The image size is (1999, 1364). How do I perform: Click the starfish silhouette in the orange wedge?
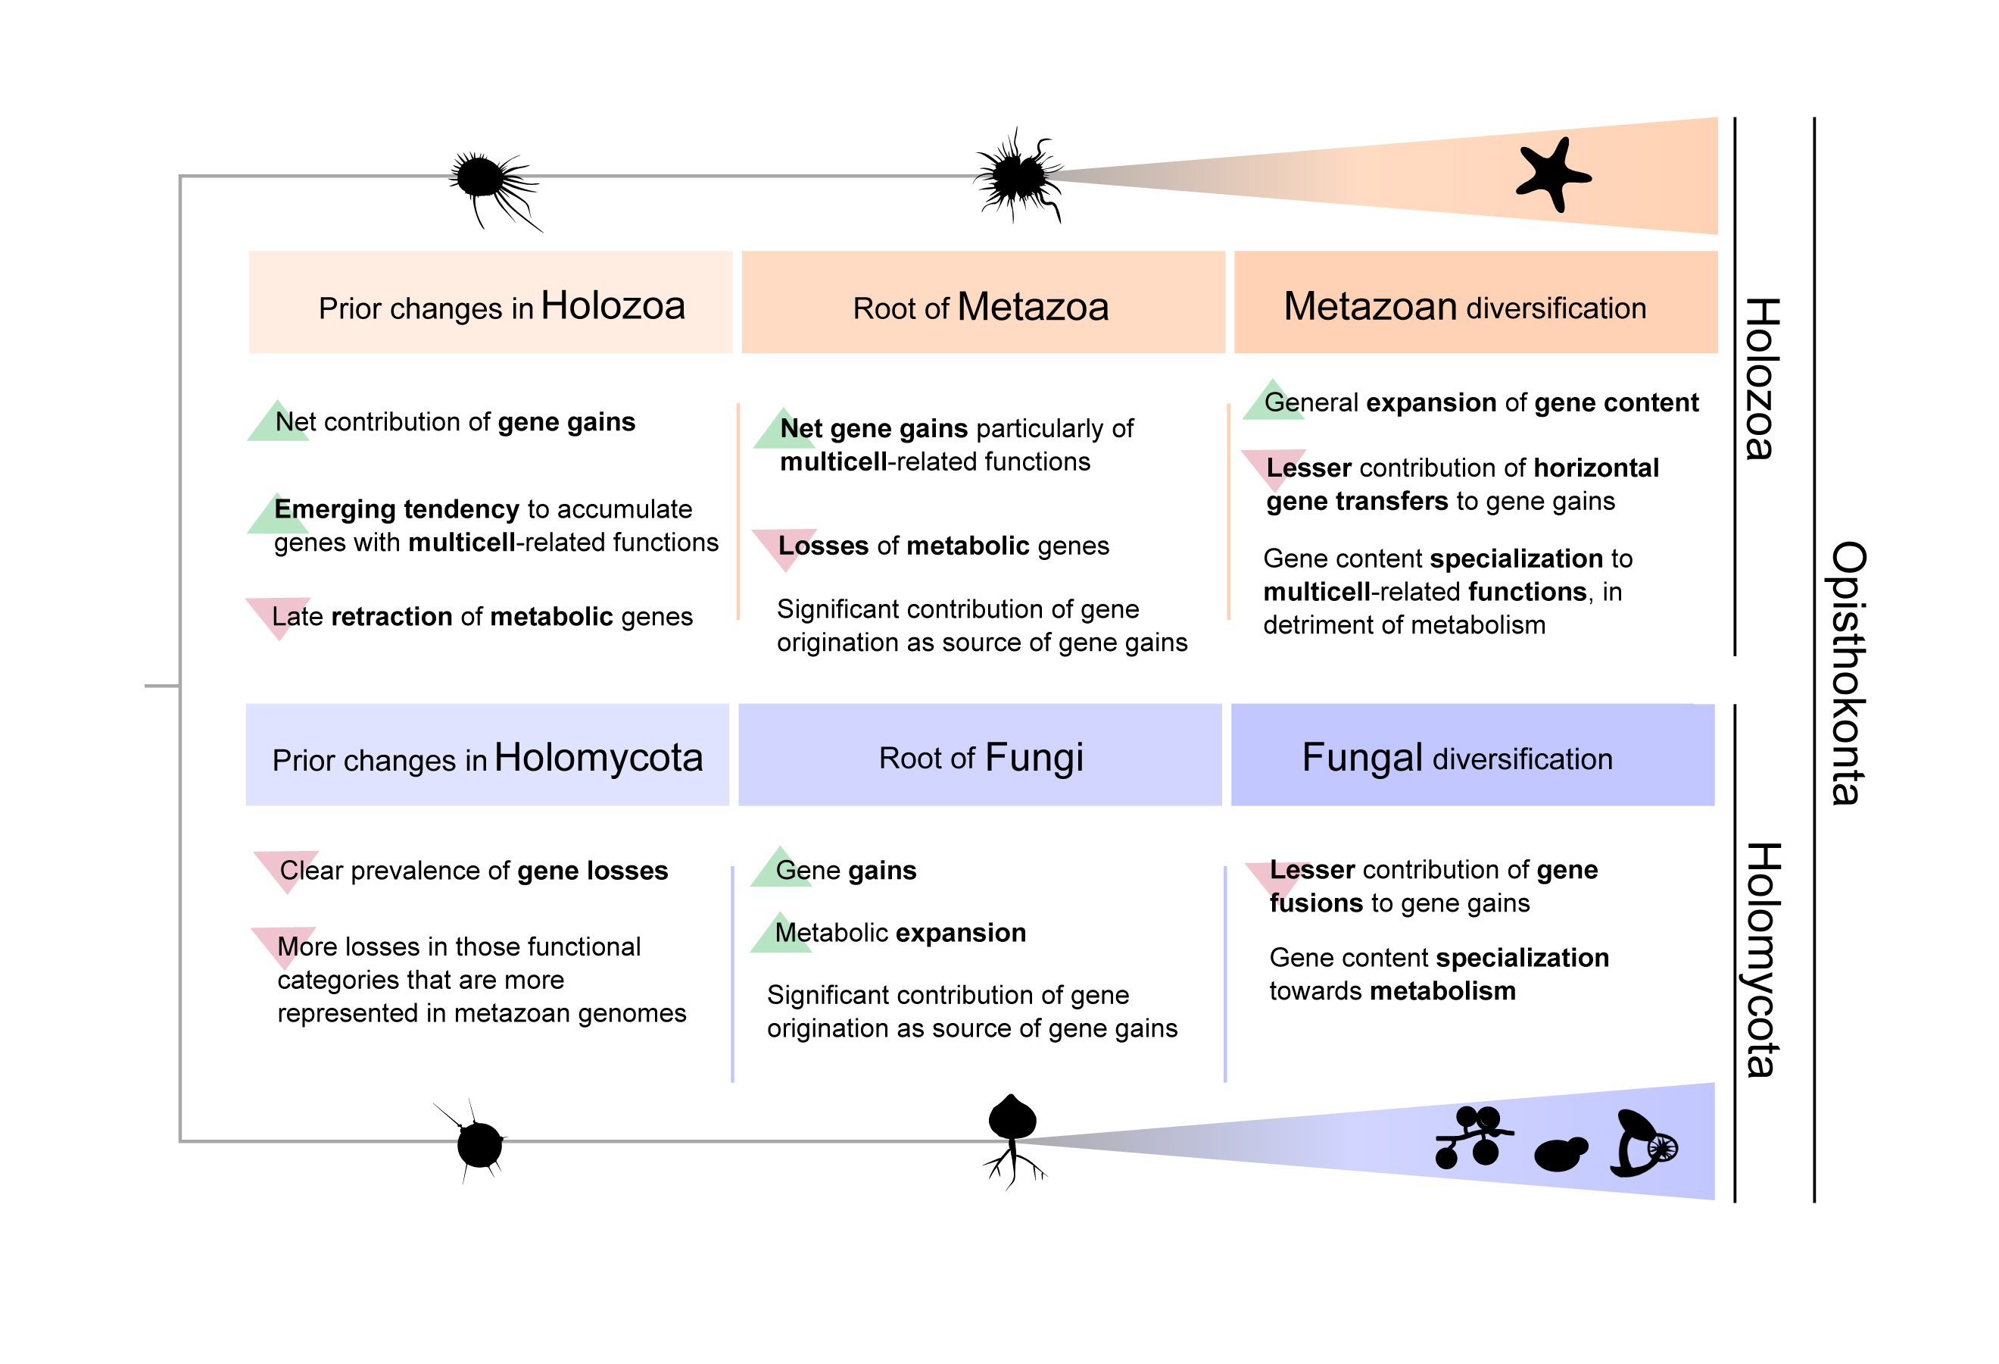(x=1550, y=175)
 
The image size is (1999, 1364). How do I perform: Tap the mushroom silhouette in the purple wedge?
(x=1641, y=1143)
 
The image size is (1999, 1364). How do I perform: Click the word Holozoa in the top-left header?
(x=613, y=306)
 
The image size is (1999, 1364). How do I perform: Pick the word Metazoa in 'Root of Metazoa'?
(x=1032, y=307)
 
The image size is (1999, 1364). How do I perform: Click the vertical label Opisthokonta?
(x=1847, y=673)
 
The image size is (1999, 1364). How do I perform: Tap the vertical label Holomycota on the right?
(x=1761, y=959)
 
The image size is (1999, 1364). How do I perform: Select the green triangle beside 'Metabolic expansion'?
(x=780, y=934)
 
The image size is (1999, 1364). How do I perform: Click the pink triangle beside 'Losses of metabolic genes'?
(x=784, y=546)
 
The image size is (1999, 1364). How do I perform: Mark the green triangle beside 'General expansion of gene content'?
(x=1274, y=401)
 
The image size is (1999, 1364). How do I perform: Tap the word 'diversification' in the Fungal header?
(x=1522, y=759)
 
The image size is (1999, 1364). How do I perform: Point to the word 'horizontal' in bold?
(x=1595, y=468)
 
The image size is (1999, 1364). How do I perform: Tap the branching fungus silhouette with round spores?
(x=1473, y=1137)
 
